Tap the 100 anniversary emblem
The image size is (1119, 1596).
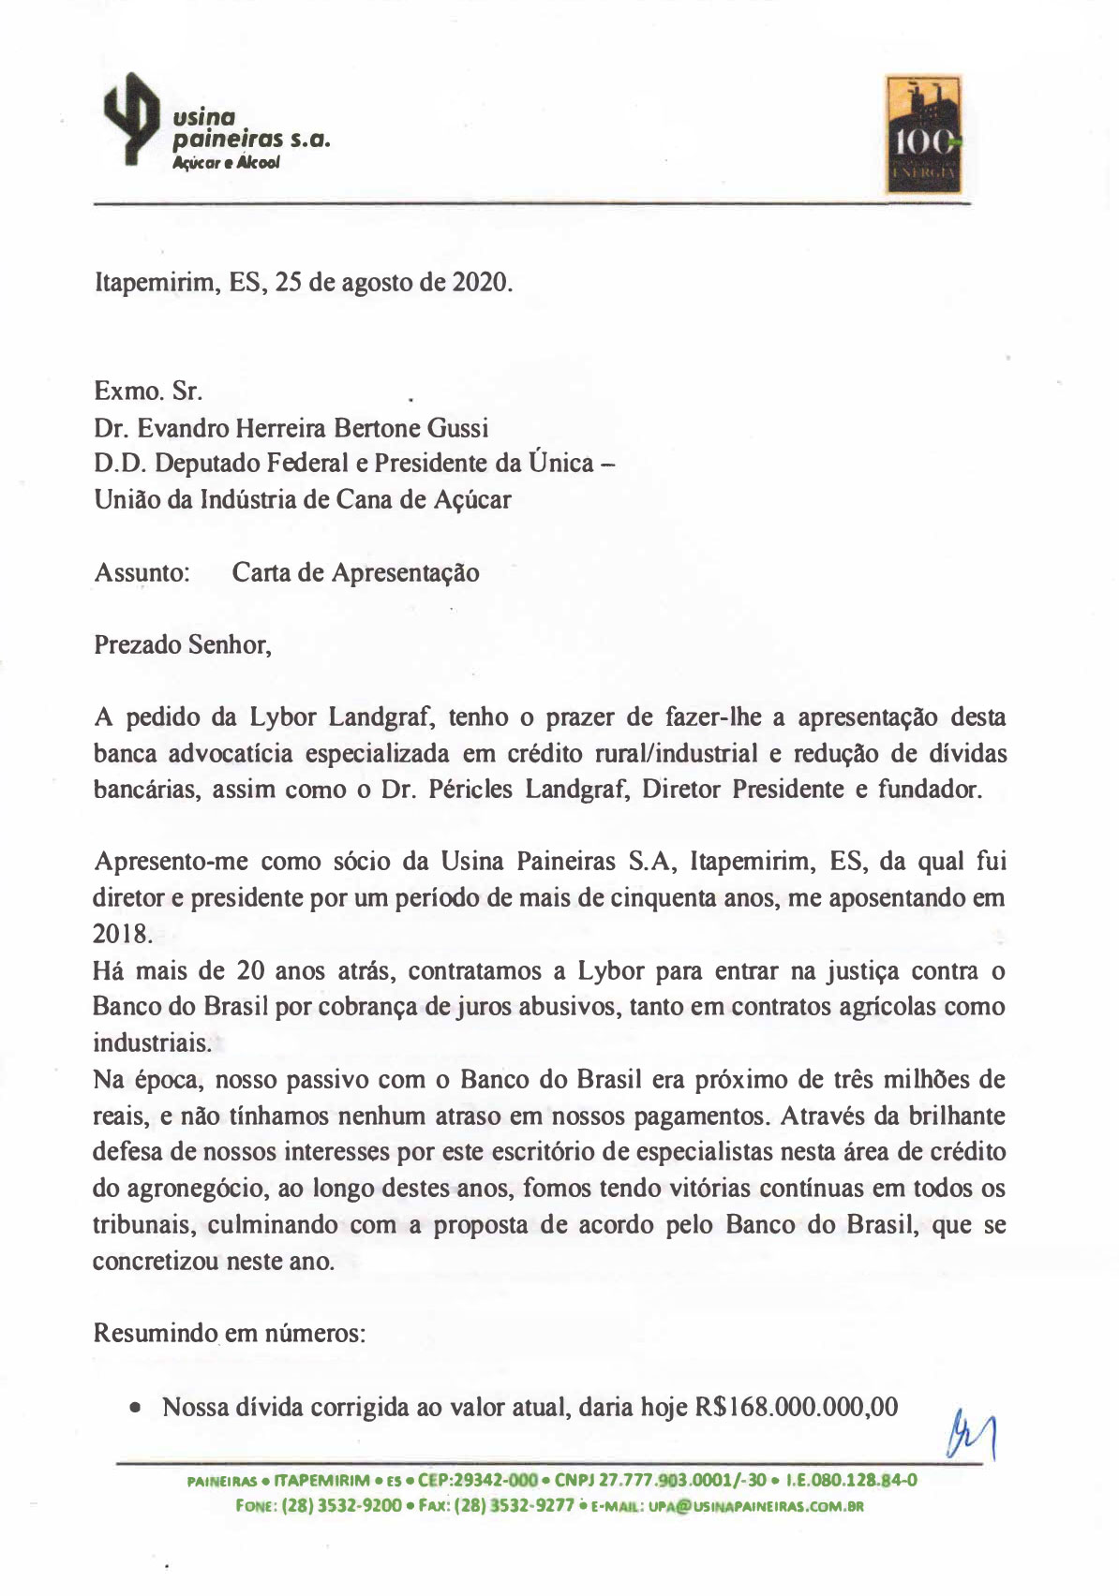coord(923,134)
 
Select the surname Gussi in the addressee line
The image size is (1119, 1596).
coord(457,428)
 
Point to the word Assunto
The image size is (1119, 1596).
coord(142,572)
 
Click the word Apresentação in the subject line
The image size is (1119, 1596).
coord(405,572)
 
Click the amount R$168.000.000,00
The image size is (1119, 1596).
coord(796,1407)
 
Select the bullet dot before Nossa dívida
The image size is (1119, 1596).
coord(138,1408)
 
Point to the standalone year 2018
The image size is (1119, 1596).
coord(121,934)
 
